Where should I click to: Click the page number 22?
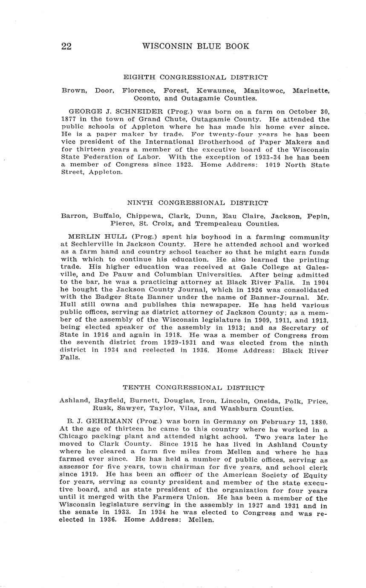(66, 46)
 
